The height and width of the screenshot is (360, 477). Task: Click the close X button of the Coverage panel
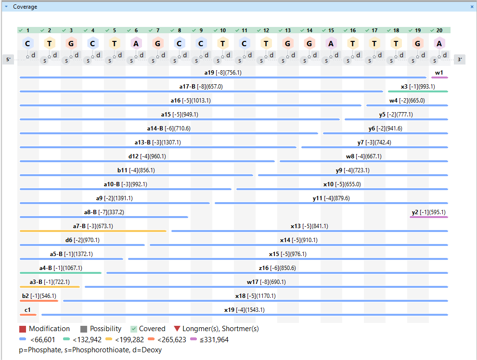(472, 7)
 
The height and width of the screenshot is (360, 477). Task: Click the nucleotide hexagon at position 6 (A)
(136, 43)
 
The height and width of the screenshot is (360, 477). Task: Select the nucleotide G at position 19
(418, 43)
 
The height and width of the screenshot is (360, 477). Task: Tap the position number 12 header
(266, 30)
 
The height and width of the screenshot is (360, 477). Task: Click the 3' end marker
(460, 60)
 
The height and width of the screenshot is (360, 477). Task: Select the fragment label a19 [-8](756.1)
(223, 73)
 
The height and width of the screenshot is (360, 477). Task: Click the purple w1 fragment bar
(439, 77)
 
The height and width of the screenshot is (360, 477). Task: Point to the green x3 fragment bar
(418, 91)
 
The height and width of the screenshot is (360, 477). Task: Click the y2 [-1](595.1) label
(428, 212)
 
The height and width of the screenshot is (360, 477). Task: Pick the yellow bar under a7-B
(93, 231)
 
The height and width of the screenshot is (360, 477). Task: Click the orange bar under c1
(28, 315)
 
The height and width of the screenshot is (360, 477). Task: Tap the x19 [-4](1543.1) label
(245, 310)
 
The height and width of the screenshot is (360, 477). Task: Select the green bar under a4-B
(61, 273)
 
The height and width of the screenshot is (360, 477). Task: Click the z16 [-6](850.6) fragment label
(277, 268)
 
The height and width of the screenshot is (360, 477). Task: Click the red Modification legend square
(23, 329)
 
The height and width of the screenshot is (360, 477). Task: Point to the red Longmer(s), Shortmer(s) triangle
(177, 329)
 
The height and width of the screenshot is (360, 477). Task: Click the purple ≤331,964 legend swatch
(194, 340)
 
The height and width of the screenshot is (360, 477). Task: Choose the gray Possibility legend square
(84, 329)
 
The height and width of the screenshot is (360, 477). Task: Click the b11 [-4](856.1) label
(136, 170)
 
